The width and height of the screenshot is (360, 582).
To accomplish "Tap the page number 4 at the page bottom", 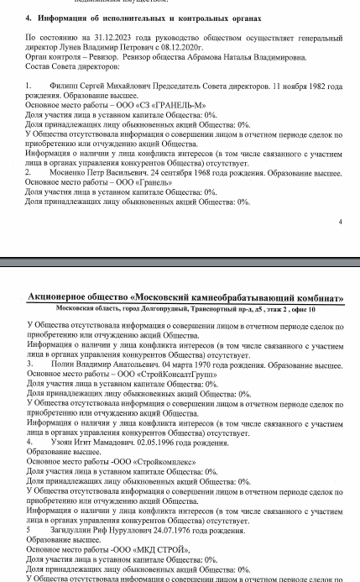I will tap(340, 223).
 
